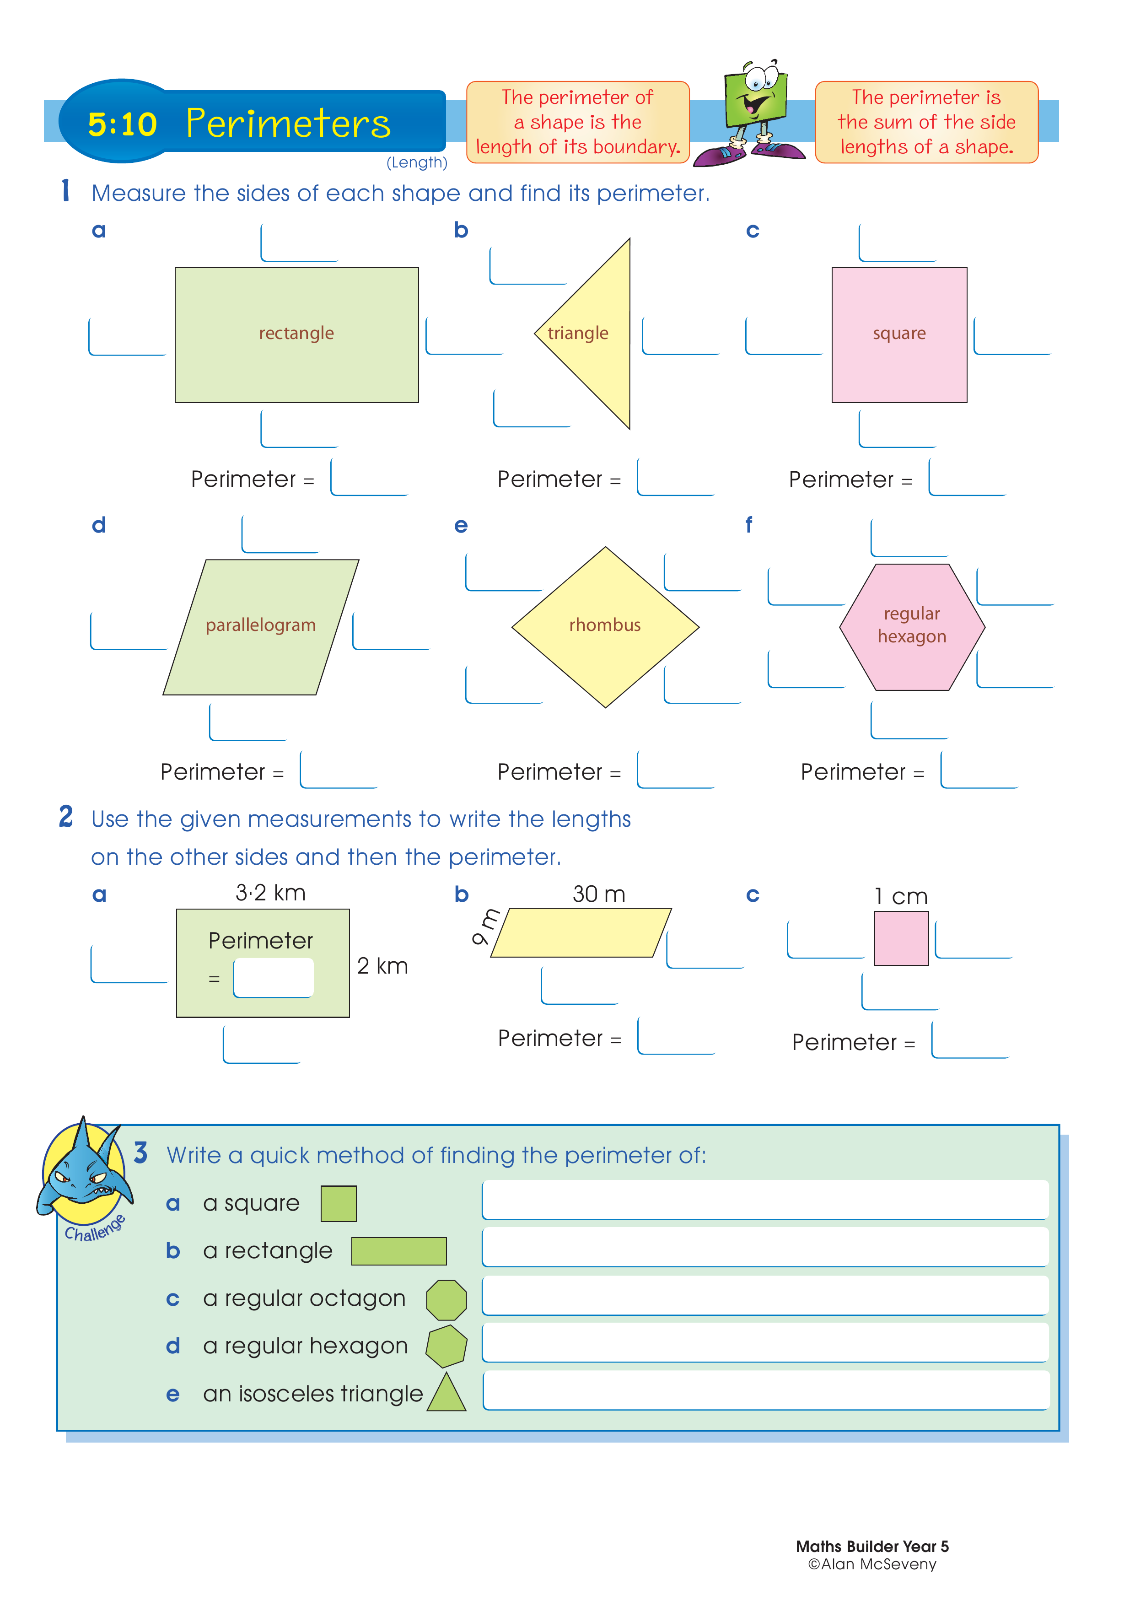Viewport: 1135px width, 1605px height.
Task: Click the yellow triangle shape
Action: [597, 334]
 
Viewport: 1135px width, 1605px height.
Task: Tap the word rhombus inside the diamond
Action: [604, 625]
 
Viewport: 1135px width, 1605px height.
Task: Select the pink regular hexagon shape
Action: [912, 627]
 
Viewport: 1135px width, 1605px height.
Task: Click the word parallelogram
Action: [261, 625]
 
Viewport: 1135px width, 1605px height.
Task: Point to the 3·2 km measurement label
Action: [270, 893]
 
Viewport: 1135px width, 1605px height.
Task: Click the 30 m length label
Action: [599, 894]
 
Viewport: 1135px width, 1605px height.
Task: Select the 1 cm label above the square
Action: [901, 896]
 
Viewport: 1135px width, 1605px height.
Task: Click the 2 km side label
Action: [382, 966]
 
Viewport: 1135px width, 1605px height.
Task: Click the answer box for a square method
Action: [765, 1200]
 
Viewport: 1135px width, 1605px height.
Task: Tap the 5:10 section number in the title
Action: [122, 124]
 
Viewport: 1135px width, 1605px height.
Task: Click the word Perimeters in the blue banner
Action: [288, 124]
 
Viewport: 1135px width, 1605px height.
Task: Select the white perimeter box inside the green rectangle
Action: [273, 977]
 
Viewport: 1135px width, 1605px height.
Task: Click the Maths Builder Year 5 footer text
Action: [872, 1546]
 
